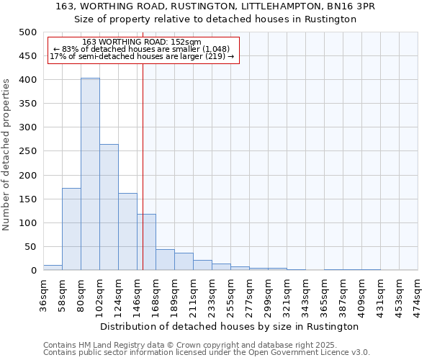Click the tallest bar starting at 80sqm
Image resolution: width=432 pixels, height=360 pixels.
pyautogui.click(x=90, y=174)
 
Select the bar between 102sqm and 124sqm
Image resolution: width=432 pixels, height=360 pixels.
pyautogui.click(x=109, y=207)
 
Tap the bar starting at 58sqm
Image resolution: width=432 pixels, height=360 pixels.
pyautogui.click(x=71, y=229)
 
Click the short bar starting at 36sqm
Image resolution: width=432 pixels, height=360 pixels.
pyautogui.click(x=53, y=267)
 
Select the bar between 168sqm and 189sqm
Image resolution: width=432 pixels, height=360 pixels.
pyautogui.click(x=165, y=260)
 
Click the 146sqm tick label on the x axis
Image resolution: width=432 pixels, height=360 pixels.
pyautogui.click(x=137, y=294)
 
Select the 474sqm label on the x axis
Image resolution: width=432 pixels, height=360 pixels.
pyautogui.click(x=418, y=294)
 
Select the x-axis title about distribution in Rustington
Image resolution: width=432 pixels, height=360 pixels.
pyautogui.click(x=230, y=326)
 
